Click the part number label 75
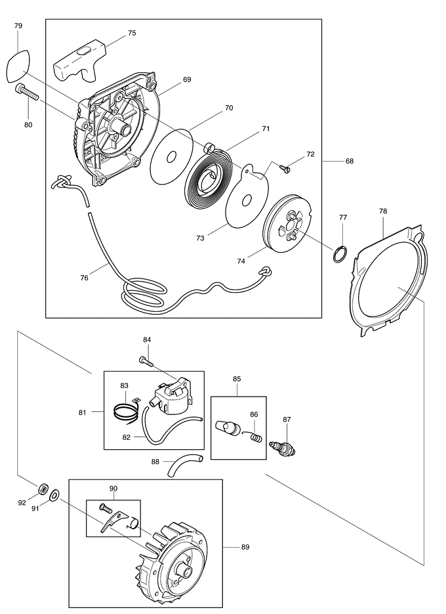132,33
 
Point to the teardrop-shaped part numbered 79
18,66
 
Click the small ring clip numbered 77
340,253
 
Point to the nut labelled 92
41,488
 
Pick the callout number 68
350,162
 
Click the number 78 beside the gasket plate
383,211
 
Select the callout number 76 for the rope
85,278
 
